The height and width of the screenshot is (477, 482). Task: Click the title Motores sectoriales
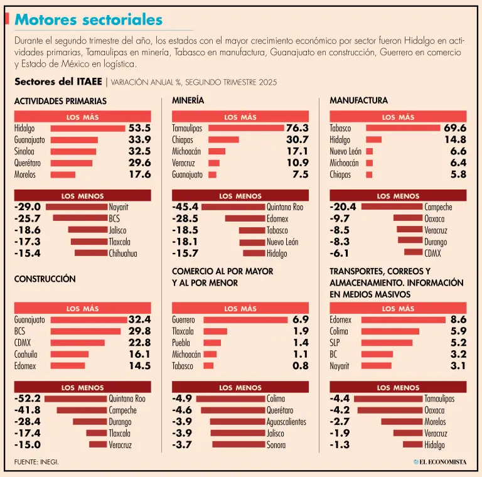tap(88, 20)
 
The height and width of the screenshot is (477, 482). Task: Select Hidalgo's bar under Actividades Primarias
tap(88, 128)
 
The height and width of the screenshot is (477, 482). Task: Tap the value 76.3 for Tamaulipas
tap(297, 128)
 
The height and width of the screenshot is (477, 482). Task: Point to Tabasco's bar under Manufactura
tap(403, 128)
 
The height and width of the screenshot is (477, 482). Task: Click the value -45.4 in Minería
tap(186, 207)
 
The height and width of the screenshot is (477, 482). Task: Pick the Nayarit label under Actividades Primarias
tap(119, 207)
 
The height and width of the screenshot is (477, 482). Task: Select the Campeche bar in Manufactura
tap(392, 207)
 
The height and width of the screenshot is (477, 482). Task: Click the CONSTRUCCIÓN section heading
tap(45, 279)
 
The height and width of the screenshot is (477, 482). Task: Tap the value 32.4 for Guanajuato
tap(139, 319)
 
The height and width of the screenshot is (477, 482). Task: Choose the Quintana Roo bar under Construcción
tap(75, 399)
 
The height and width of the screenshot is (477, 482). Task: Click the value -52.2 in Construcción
tap(28, 399)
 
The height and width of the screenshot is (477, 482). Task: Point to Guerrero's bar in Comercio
tap(245, 319)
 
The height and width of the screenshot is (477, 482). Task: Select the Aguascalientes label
tap(286, 422)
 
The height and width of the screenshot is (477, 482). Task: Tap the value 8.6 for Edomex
tap(458, 319)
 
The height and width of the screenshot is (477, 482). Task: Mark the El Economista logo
tap(439, 462)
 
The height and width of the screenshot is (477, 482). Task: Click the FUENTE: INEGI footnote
tap(36, 462)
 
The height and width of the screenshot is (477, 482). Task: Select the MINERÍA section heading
tap(188, 100)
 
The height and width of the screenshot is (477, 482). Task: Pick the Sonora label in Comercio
tap(276, 445)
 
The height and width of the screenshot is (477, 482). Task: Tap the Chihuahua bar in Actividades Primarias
tap(91, 254)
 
